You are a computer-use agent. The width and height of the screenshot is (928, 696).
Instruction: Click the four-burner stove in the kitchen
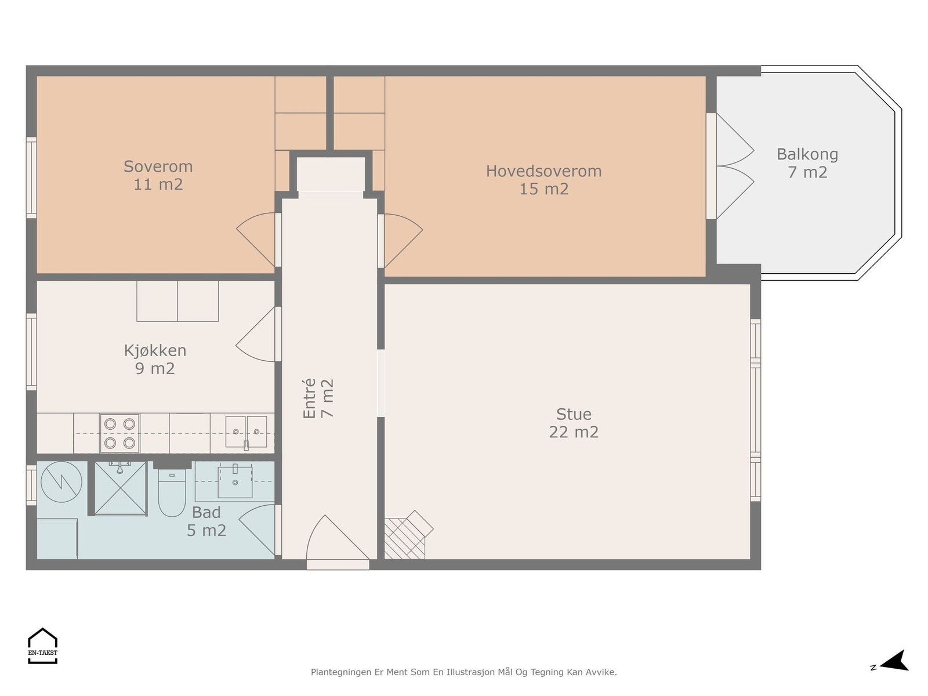(119, 433)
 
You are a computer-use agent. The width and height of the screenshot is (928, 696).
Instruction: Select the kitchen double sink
(246, 432)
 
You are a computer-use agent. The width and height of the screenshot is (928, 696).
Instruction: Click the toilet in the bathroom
(172, 492)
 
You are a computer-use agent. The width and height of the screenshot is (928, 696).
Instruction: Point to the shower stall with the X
(121, 488)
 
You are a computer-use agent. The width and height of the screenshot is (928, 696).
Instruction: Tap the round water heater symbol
(61, 482)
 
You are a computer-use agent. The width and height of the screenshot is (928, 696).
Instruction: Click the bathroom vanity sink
(235, 480)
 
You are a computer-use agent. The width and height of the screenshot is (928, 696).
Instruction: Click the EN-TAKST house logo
(43, 646)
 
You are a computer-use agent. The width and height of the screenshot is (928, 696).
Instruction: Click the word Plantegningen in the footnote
(342, 672)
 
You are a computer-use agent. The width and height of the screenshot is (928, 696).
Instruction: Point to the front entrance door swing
(337, 538)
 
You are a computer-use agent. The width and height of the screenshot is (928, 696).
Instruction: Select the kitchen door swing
(255, 334)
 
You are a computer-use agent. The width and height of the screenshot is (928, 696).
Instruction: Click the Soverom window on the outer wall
(31, 177)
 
